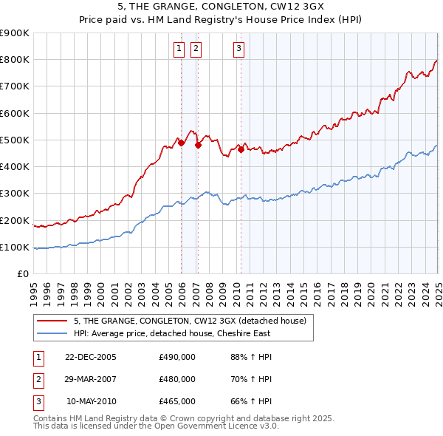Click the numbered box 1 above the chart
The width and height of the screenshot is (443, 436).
click(179, 50)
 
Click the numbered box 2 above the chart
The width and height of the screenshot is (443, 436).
click(196, 50)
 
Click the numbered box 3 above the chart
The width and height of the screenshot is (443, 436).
click(239, 50)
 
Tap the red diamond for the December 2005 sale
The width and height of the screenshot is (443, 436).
click(181, 143)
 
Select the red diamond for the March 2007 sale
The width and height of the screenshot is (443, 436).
click(198, 146)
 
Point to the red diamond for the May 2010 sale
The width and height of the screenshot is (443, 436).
click(241, 149)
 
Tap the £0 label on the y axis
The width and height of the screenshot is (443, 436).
click(22, 274)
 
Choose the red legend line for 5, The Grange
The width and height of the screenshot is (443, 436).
click(52, 321)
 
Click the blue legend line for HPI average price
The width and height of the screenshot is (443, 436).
click(52, 333)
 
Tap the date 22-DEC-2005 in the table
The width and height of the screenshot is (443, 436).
click(90, 358)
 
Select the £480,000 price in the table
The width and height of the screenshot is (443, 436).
click(177, 380)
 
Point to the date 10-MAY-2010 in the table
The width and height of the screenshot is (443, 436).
click(91, 401)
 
